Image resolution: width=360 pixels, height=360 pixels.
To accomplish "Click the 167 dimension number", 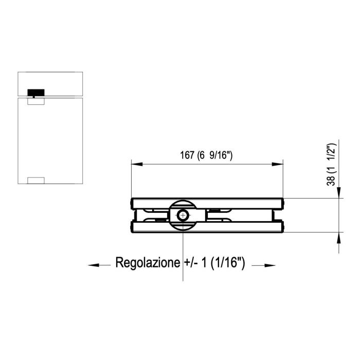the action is point(187,155).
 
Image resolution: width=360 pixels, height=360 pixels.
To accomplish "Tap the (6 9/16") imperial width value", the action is point(215,155).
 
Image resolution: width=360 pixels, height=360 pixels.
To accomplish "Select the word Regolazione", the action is point(148,262).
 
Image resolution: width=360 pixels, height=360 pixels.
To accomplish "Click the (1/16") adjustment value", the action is point(227,262).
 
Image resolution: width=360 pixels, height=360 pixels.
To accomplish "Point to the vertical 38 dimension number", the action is point(331,180).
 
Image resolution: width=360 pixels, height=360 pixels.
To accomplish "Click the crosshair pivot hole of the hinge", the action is point(183,215).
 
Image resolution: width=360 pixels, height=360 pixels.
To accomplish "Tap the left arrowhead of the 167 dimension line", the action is point(137,164).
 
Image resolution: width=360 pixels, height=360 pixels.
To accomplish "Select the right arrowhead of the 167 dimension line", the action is point(277,164).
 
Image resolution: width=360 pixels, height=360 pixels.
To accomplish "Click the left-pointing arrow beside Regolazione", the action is point(99,265).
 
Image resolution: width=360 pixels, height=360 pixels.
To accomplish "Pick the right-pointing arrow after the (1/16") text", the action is point(263,265).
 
